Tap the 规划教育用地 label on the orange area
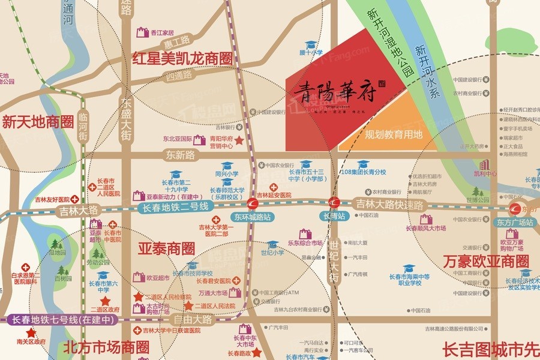tap(394, 135)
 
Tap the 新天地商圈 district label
tap(37, 122)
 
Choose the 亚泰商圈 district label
tap(166, 248)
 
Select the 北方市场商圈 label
tap(106, 347)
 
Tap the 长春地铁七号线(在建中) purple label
tap(60, 320)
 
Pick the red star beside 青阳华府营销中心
tap(239, 140)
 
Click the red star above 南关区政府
tap(31, 332)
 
